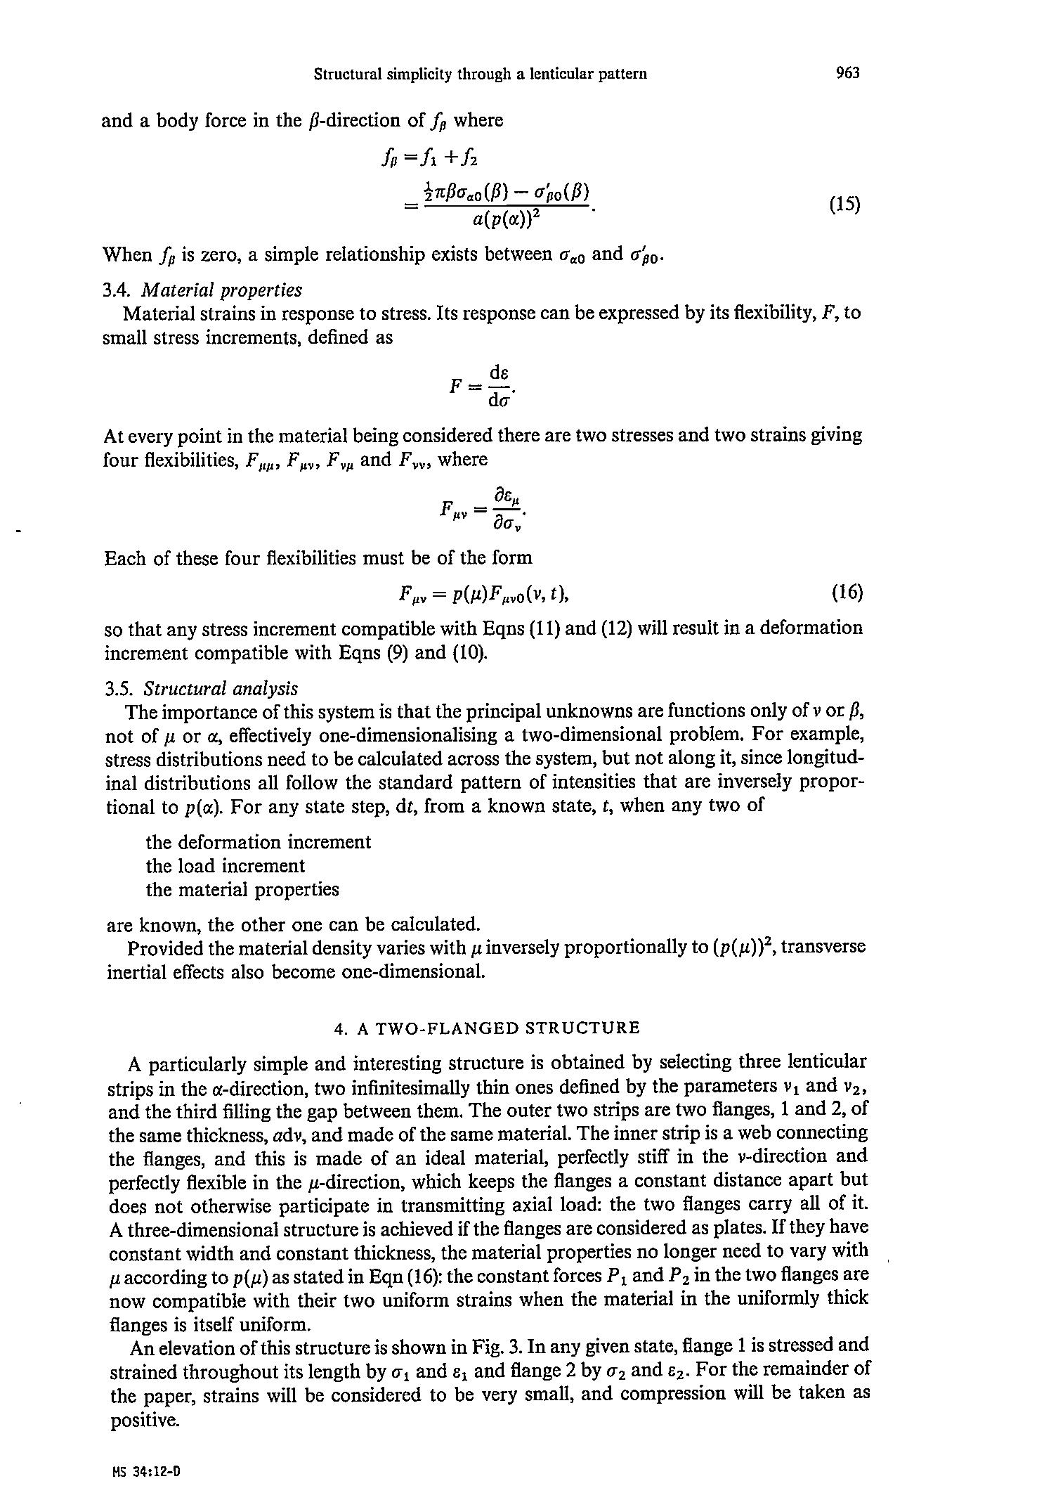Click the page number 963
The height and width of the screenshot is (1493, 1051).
[848, 73]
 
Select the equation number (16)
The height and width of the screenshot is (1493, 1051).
[847, 593]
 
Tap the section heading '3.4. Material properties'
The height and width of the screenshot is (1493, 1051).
[202, 290]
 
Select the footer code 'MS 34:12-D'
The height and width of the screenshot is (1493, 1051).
[146, 1470]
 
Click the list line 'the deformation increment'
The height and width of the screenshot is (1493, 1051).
[259, 841]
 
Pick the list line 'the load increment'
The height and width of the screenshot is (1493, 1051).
[226, 865]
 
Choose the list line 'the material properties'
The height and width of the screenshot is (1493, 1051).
[242, 889]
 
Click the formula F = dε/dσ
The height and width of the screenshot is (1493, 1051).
[485, 386]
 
